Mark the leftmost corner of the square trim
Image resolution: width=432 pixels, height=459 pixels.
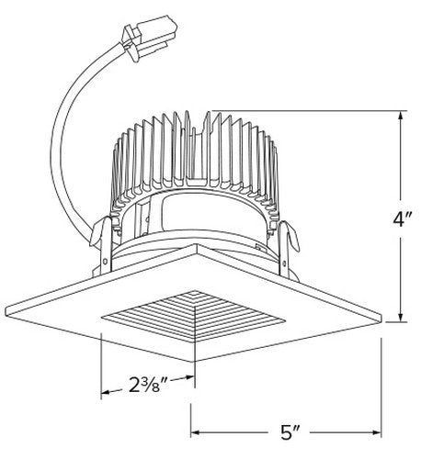pos(7,308)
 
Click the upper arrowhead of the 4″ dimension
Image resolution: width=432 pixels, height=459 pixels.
pos(400,117)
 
